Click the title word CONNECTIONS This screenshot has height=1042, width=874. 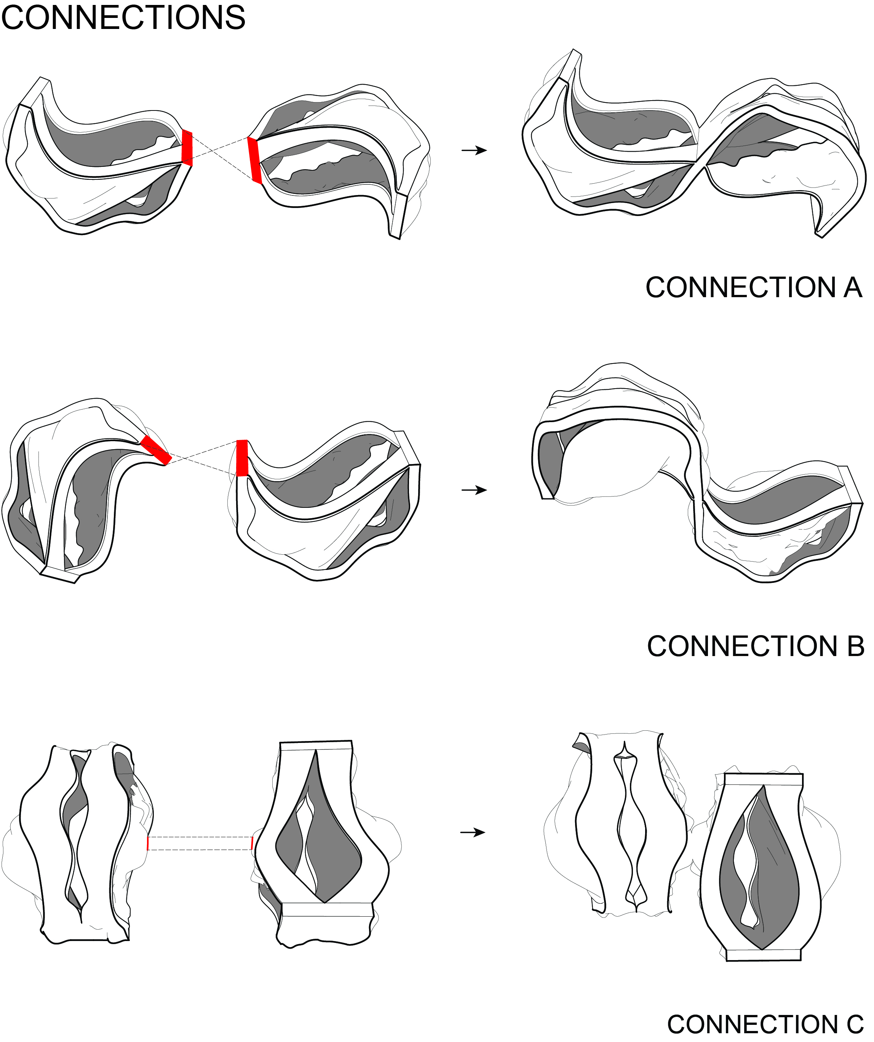point(123,18)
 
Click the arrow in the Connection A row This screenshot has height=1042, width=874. point(474,150)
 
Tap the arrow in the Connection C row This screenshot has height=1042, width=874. point(473,832)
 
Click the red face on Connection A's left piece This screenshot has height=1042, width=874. point(187,147)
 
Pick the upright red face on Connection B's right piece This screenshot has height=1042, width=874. point(241,458)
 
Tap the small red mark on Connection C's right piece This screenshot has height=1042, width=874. point(252,842)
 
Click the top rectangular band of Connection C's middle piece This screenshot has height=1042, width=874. point(316,745)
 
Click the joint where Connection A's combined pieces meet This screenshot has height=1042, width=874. point(700,164)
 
